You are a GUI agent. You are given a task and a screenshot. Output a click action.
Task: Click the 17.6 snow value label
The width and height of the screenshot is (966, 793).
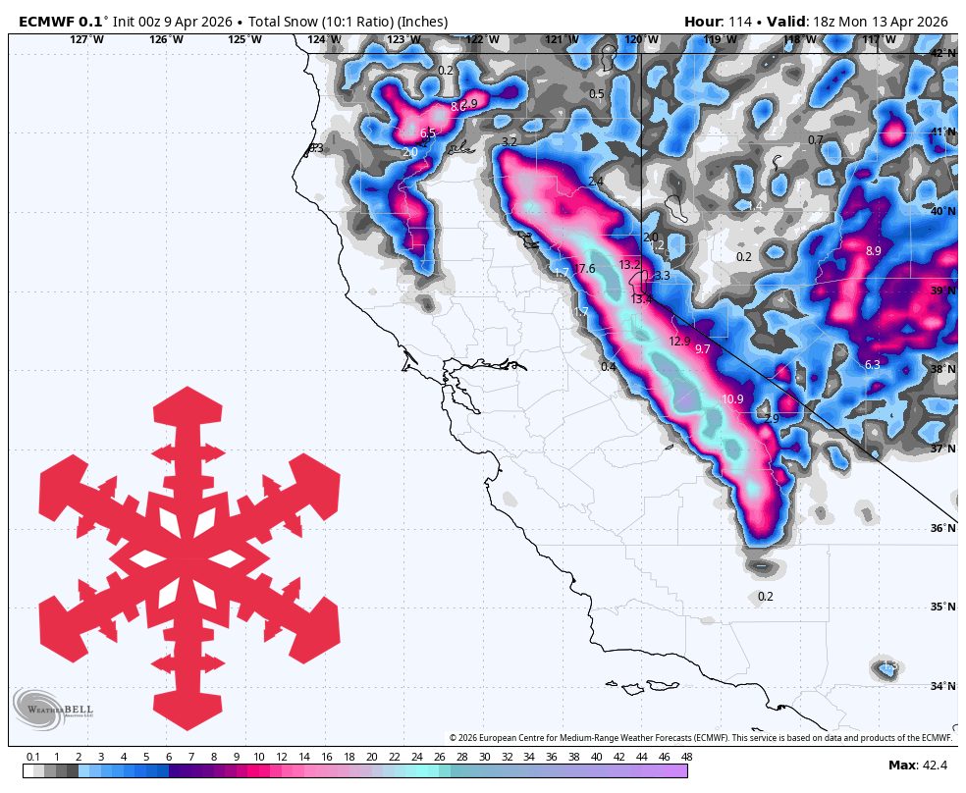[x=585, y=269]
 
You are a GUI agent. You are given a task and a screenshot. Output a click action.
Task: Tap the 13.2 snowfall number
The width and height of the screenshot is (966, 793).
[x=629, y=265]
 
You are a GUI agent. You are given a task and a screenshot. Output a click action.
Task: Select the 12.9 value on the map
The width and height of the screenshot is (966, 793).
[x=679, y=342]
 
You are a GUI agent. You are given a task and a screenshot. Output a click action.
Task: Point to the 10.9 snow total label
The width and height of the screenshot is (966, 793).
[x=732, y=399]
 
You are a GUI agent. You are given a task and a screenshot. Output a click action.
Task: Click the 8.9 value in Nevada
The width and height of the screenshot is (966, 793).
[x=873, y=251]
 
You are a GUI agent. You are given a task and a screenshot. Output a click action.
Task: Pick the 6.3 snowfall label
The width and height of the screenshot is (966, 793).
[x=873, y=365]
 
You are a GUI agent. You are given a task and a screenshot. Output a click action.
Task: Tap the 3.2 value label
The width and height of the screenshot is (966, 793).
[x=509, y=142]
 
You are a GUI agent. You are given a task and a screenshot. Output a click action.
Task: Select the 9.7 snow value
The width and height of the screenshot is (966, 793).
[x=702, y=349]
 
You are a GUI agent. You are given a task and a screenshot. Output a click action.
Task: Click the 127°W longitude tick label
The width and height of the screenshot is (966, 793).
[x=86, y=39]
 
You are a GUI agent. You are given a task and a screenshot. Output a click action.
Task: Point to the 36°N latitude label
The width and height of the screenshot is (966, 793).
[x=942, y=528]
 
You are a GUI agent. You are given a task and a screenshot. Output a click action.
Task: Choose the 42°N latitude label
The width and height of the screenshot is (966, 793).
[x=942, y=53]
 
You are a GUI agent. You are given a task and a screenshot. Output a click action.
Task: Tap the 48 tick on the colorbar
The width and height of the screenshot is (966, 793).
[x=686, y=757]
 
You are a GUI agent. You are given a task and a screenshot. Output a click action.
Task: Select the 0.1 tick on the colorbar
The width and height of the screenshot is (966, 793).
[x=32, y=757]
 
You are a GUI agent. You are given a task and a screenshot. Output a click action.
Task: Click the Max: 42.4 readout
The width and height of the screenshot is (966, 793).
[x=918, y=766]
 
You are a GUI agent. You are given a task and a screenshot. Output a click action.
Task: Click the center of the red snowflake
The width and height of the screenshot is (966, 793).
[x=188, y=557]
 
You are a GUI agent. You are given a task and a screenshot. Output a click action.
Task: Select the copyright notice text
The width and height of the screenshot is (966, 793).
[x=701, y=738]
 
